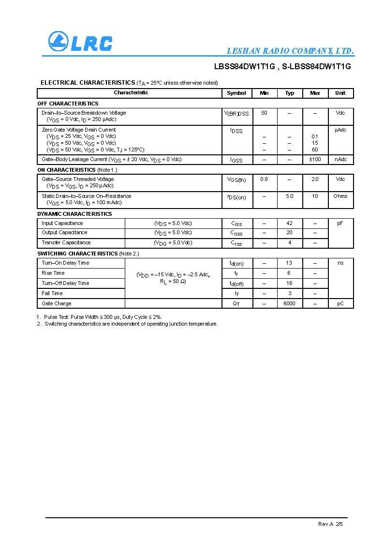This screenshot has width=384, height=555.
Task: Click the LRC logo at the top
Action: click(80, 42)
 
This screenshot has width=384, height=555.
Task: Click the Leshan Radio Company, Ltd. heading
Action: click(290, 51)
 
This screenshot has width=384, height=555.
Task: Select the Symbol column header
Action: click(236, 93)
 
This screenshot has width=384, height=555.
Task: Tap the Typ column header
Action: click(289, 93)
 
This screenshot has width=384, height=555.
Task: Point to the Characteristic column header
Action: click(131, 92)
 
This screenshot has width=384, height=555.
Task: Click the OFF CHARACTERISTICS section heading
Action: click(68, 104)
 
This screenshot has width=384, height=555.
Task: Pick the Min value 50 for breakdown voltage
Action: click(264, 113)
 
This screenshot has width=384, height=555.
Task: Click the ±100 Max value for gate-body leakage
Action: click(315, 159)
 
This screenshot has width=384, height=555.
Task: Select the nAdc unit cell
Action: click(340, 159)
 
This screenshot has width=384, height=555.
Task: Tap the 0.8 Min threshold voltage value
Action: click(264, 179)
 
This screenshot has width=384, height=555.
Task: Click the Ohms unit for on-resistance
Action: click(340, 196)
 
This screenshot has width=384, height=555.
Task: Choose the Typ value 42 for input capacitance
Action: click(289, 223)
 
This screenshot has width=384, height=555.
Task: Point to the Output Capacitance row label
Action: click(64, 233)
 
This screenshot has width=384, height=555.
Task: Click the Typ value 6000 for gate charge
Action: click(289, 303)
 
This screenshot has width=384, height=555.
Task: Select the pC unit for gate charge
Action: click(340, 303)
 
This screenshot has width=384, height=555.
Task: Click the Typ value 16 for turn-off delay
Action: click(289, 283)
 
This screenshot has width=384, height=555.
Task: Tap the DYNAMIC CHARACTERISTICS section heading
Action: click(74, 214)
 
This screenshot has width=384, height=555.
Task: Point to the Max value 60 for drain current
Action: click(315, 150)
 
